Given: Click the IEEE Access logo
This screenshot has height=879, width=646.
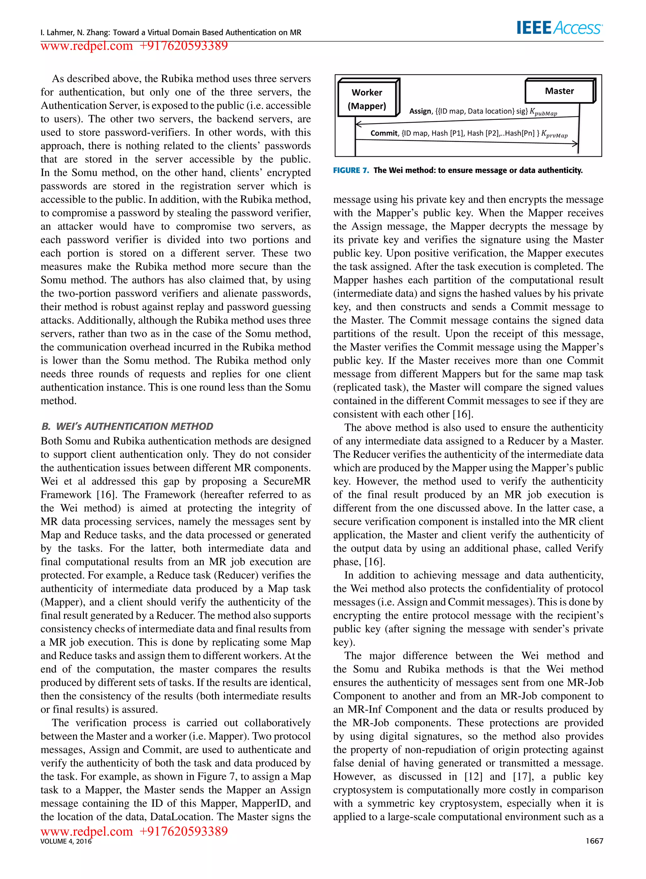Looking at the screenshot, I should (559, 28).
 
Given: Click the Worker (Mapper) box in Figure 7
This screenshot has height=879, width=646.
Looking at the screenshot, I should (367, 99).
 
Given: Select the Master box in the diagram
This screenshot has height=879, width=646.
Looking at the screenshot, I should (559, 91).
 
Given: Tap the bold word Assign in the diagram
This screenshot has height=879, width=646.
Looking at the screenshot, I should (420, 111).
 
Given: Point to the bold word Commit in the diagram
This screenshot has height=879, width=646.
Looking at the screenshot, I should (384, 133).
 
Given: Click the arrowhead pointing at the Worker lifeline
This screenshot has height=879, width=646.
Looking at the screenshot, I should (358, 124).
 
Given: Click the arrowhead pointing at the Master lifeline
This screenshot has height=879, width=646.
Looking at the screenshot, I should (575, 144).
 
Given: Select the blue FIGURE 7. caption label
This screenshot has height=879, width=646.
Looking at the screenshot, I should (351, 170).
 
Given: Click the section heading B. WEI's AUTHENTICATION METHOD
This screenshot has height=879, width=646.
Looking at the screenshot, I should (127, 426).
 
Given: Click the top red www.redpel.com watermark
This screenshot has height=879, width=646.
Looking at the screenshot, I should (87, 46).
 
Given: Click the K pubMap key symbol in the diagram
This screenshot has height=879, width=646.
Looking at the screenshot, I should (543, 112).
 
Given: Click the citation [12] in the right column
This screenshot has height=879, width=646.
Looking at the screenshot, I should (473, 776).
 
